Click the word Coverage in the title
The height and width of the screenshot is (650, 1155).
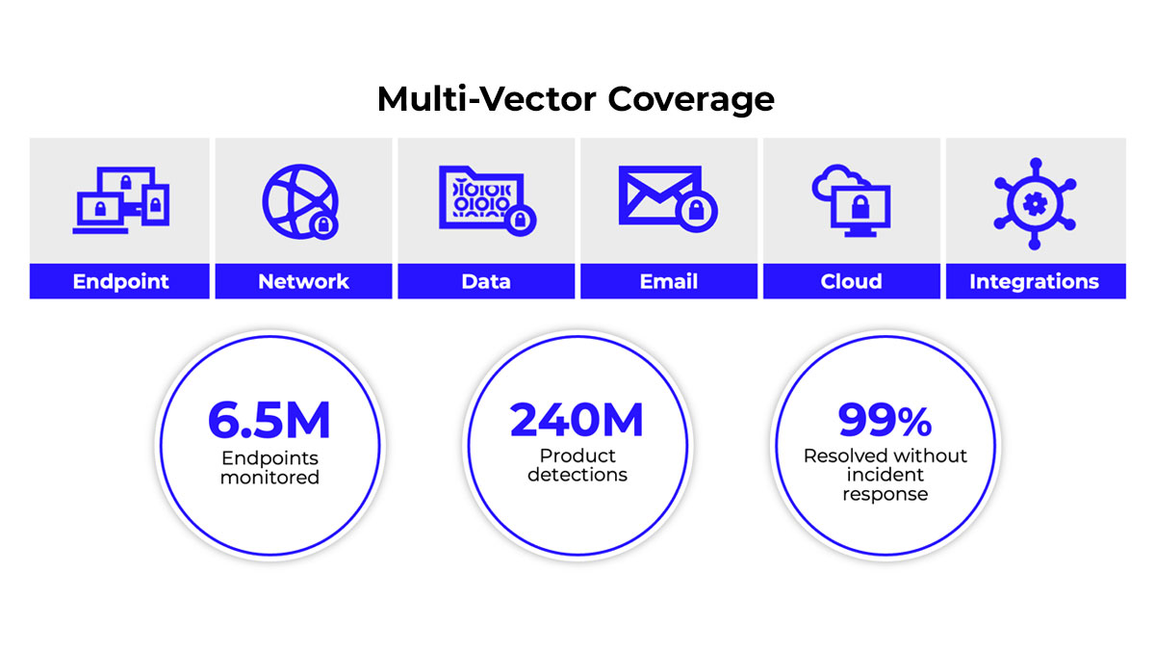[691, 100]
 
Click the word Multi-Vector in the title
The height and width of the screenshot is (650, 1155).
[487, 98]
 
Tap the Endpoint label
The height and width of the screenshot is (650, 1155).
[120, 281]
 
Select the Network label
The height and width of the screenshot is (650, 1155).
[303, 281]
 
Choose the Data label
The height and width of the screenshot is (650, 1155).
[486, 281]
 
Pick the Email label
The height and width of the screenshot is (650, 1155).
[669, 281]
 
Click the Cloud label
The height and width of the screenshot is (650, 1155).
[851, 281]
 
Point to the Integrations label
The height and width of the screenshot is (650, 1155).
[1035, 281]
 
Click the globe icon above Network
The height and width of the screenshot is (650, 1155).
[300, 201]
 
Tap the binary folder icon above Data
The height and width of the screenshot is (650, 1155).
[487, 200]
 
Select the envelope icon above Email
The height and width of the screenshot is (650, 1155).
[668, 198]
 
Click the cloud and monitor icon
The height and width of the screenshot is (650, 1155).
[851, 200]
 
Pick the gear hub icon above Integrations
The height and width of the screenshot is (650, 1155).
[1035, 204]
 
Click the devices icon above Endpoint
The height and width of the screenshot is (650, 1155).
[121, 200]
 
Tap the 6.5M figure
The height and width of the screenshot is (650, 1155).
[269, 420]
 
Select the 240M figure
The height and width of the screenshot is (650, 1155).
[577, 420]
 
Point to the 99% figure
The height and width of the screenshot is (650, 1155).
[885, 420]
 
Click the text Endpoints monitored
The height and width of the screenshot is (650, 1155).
[269, 467]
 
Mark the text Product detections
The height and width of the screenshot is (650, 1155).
[577, 465]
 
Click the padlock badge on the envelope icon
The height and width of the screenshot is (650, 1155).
[697, 211]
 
